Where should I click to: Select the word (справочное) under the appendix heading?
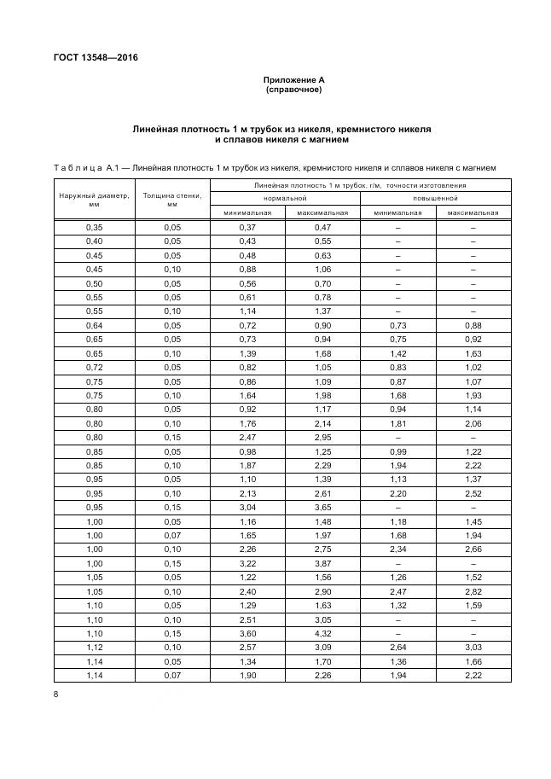294,89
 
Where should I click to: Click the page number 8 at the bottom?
55,695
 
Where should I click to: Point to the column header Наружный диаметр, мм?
94,200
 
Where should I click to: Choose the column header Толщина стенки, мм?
172,200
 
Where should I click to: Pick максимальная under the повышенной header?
473,212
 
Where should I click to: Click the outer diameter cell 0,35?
94,228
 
